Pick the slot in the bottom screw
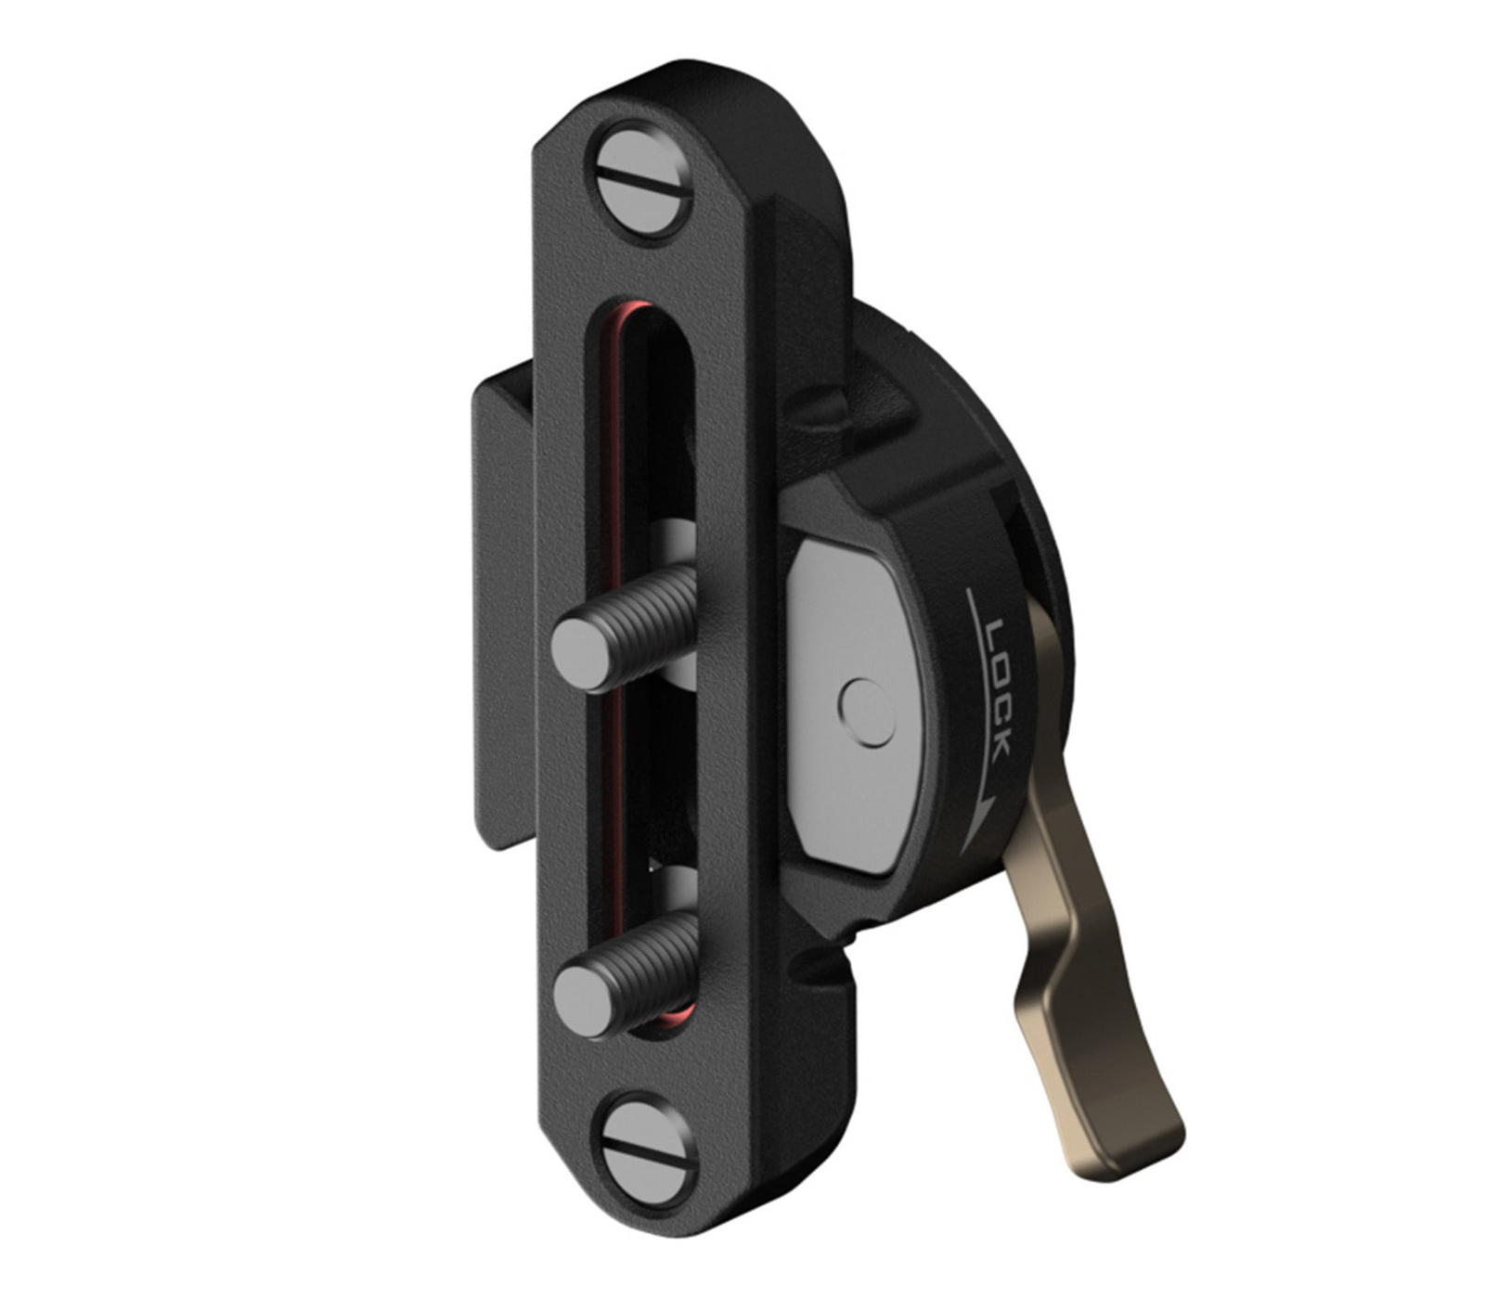pyautogui.click(x=648, y=1153)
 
